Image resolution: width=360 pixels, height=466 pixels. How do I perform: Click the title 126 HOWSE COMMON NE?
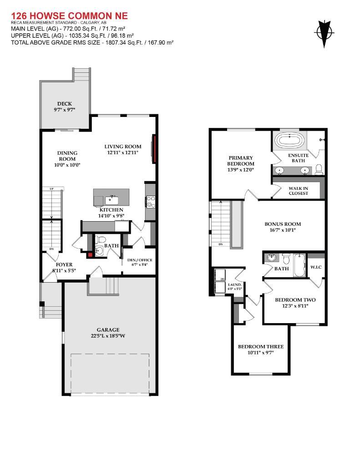(69, 16)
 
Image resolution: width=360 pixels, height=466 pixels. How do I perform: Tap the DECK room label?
(64, 104)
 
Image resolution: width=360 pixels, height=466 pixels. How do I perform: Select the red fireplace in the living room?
(155, 149)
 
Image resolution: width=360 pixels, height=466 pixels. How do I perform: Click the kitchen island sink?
(112, 199)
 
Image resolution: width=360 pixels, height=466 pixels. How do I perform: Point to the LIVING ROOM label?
(122, 147)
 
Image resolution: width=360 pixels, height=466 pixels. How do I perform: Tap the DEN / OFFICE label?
(139, 260)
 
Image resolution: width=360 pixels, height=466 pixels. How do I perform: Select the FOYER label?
(64, 264)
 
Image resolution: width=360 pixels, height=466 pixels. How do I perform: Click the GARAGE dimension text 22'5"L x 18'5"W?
(107, 336)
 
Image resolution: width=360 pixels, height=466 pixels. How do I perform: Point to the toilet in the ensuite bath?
(319, 169)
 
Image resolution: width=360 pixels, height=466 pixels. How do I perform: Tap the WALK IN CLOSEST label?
(298, 191)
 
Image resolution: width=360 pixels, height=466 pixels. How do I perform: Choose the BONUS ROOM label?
(283, 224)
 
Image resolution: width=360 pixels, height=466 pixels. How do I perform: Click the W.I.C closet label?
(316, 267)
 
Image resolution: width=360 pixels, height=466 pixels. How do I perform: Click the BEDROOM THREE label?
(261, 347)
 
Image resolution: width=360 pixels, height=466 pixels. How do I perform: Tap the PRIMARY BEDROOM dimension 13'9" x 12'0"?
(241, 170)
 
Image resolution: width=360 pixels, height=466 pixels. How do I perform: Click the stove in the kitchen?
(150, 200)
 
